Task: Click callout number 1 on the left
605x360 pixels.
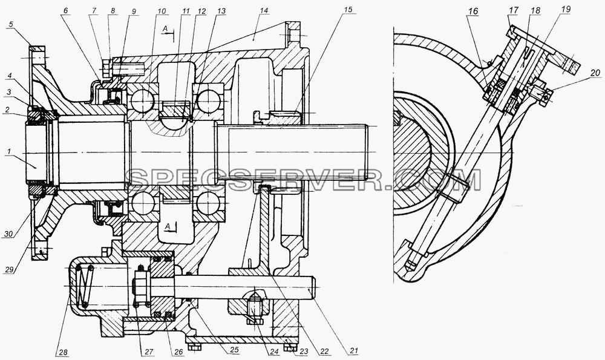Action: click(x=8, y=152)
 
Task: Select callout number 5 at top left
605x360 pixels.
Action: click(x=10, y=24)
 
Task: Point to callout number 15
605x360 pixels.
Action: click(x=348, y=10)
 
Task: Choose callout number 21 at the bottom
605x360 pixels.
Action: click(x=354, y=351)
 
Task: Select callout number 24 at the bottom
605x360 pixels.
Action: click(x=274, y=352)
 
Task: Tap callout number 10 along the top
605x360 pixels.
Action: click(x=162, y=11)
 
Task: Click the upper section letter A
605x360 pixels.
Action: click(x=165, y=28)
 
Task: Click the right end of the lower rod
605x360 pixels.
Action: click(x=315, y=288)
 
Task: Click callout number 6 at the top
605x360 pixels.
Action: click(x=65, y=11)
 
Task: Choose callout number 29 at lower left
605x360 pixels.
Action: click(x=10, y=270)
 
